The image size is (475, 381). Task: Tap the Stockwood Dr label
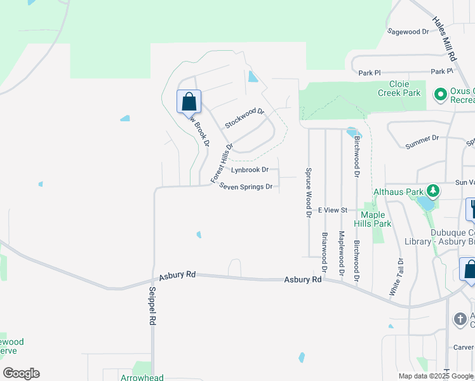pyautogui.click(x=244, y=118)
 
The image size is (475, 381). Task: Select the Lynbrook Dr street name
pyautogui.click(x=250, y=170)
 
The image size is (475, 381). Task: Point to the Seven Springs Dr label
pyautogui.click(x=246, y=187)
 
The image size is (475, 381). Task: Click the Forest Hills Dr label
pyautogui.click(x=222, y=163)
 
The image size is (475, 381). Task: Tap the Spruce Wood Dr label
pyautogui.click(x=308, y=193)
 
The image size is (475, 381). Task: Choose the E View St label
pyautogui.click(x=333, y=210)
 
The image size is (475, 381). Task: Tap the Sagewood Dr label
pyautogui.click(x=408, y=32)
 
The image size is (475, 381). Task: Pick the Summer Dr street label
pyautogui.click(x=422, y=142)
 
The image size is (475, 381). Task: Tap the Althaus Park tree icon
pyautogui.click(x=433, y=190)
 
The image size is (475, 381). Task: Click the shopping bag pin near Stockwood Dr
pyautogui.click(x=189, y=102)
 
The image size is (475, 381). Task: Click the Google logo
pyautogui.click(x=21, y=373)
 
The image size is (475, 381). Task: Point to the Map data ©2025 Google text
pyautogui.click(x=436, y=376)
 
